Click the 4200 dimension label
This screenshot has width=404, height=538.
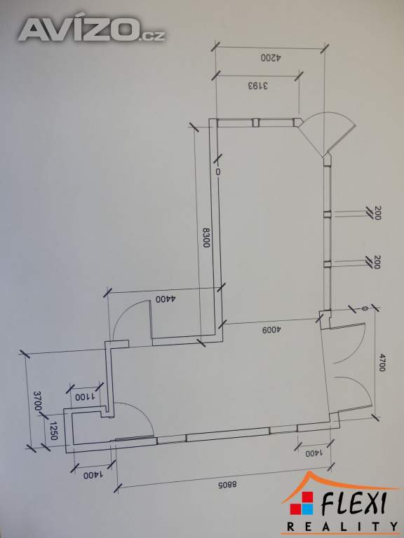[271, 57]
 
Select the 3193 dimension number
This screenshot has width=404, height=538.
[257, 85]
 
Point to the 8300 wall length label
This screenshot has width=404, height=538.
[206, 237]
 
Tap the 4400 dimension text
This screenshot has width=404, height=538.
[166, 299]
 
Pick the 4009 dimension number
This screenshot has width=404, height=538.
[271, 330]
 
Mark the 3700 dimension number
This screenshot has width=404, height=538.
[38, 401]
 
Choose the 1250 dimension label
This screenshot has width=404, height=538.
[53, 432]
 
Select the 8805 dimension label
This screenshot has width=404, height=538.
[227, 485]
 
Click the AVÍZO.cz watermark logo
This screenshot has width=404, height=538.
[92, 30]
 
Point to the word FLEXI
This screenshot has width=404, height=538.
[354, 504]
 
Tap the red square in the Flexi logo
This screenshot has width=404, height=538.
[307, 497]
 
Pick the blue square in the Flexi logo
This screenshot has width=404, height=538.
[307, 509]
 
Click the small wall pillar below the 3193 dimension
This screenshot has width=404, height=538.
[255, 123]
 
